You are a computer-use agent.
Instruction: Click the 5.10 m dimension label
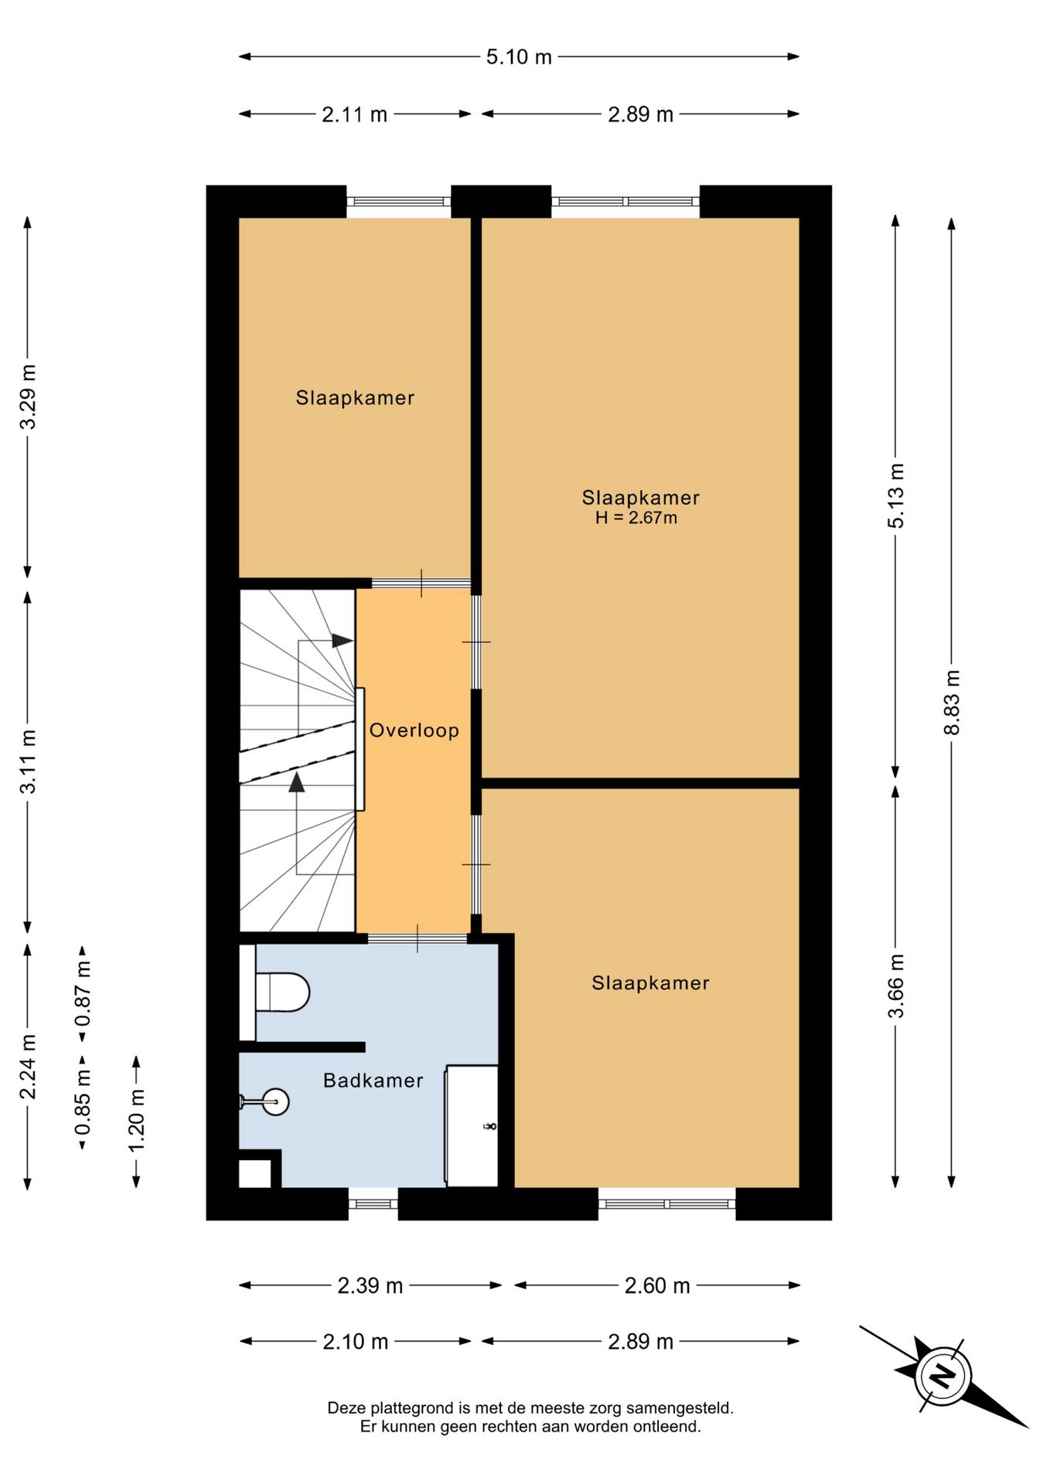click(519, 56)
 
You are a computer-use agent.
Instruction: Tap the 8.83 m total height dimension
click(952, 702)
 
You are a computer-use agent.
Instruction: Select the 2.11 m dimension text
click(354, 114)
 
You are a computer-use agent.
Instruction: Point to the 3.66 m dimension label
click(895, 986)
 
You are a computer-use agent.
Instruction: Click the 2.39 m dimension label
click(370, 1285)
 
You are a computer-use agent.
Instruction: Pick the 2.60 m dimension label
click(657, 1285)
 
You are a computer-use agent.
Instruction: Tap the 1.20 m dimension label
click(137, 1121)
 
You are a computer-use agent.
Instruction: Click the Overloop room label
click(414, 730)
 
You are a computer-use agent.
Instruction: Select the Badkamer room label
click(373, 1081)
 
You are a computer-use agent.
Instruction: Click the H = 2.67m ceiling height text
click(636, 518)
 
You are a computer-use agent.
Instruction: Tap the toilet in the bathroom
click(281, 992)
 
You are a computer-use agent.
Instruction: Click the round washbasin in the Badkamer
click(275, 1101)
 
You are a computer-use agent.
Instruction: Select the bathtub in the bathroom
click(472, 1125)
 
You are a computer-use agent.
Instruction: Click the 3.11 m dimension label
click(29, 761)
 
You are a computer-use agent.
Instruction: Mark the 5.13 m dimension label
click(895, 495)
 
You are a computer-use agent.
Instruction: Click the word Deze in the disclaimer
click(346, 1408)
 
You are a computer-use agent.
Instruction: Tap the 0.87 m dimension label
click(83, 993)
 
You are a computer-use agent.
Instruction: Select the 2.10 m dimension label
click(356, 1341)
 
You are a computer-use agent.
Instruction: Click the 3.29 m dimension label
click(29, 397)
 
